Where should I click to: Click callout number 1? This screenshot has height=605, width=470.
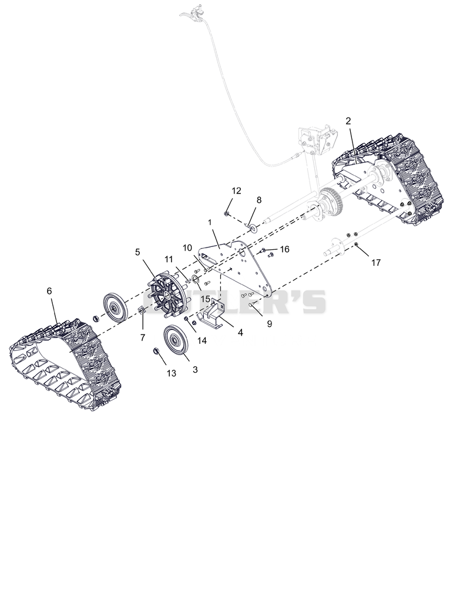[210, 223]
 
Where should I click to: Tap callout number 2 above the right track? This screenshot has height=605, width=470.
[348, 121]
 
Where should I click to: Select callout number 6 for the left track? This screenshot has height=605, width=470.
[49, 291]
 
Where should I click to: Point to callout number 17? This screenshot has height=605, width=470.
[376, 262]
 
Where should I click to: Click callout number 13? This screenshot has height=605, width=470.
[171, 373]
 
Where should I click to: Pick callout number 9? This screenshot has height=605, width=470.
[269, 324]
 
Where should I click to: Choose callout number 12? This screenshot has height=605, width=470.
[236, 190]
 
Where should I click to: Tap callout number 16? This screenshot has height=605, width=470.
[284, 249]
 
